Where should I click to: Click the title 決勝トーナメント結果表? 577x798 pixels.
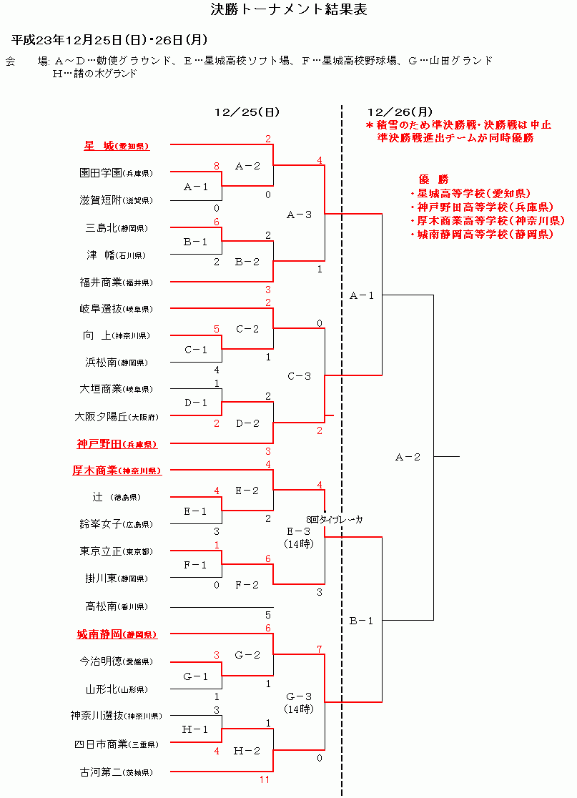(x=289, y=10)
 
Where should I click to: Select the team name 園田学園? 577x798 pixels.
(x=100, y=173)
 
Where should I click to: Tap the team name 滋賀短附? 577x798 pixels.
(x=100, y=200)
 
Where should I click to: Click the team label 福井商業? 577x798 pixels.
(x=100, y=282)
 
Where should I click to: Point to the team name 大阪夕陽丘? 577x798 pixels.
(x=100, y=416)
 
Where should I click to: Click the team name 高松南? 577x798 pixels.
(x=102, y=606)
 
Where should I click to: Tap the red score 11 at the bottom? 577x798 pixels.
(x=265, y=779)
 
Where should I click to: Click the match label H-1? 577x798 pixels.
(x=195, y=729)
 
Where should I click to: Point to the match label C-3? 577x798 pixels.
(x=299, y=375)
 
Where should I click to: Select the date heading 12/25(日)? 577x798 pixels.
(x=247, y=112)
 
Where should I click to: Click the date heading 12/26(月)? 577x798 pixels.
(x=400, y=112)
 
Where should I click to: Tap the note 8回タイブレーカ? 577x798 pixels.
(x=334, y=520)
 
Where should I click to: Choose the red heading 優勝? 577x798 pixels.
(x=433, y=179)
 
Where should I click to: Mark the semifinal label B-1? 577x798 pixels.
(x=361, y=621)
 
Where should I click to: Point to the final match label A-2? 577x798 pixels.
(x=408, y=457)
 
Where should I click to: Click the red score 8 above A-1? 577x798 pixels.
(x=216, y=166)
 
